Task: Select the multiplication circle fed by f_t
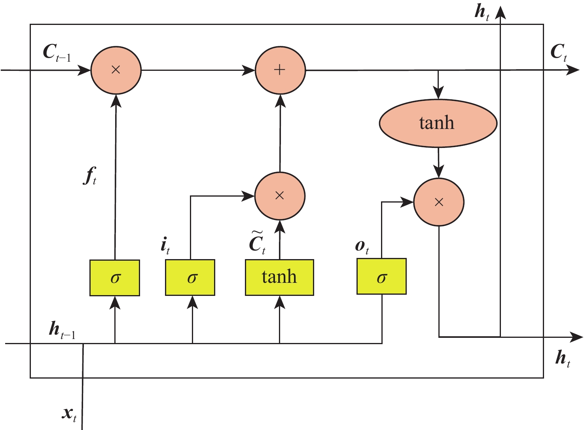(x=116, y=70)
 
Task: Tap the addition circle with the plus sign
(x=280, y=70)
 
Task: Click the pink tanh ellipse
(x=438, y=123)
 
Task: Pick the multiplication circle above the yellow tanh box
(x=280, y=195)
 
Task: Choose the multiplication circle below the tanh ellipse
(x=438, y=203)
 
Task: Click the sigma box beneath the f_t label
(x=115, y=278)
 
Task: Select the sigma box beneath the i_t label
(x=190, y=278)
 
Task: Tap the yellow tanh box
(x=279, y=277)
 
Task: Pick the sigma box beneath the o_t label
(x=381, y=277)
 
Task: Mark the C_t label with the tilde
(x=258, y=242)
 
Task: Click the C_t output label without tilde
(x=559, y=52)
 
